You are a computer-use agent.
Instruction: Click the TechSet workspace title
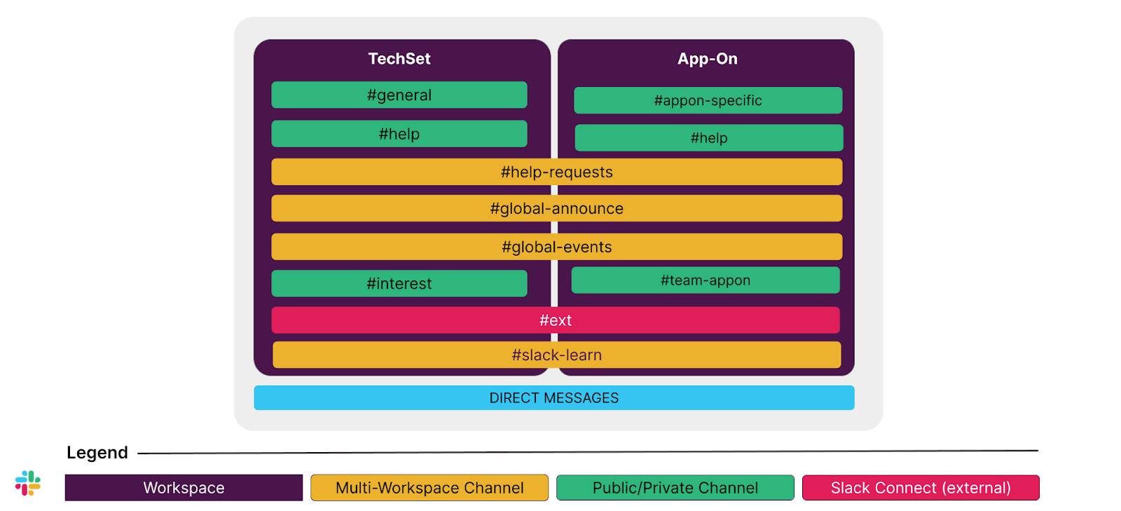pyautogui.click(x=399, y=59)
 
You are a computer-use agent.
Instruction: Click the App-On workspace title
pyautogui.click(x=707, y=59)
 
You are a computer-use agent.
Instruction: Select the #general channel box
pyautogui.click(x=399, y=95)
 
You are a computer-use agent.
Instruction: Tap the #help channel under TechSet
pyautogui.click(x=399, y=134)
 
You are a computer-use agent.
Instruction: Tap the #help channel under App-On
pyautogui.click(x=708, y=138)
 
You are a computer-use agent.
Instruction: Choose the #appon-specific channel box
pyautogui.click(x=708, y=100)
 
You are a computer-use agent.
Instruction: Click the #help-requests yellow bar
pyautogui.click(x=556, y=172)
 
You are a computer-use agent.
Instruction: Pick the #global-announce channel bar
pyautogui.click(x=556, y=208)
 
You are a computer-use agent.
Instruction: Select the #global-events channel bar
pyautogui.click(x=556, y=247)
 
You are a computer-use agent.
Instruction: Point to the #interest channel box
pyautogui.click(x=399, y=283)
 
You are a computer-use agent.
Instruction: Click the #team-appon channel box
pyautogui.click(x=705, y=280)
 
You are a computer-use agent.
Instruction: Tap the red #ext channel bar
pyautogui.click(x=555, y=320)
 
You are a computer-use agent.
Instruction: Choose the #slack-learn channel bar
pyautogui.click(x=556, y=355)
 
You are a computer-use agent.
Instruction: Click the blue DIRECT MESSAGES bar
pyautogui.click(x=553, y=397)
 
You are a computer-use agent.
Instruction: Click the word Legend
pyautogui.click(x=97, y=453)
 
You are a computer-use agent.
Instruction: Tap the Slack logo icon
pyautogui.click(x=28, y=483)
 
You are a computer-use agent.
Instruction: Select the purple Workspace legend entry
pyautogui.click(x=184, y=488)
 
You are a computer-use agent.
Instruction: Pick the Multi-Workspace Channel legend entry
pyautogui.click(x=429, y=488)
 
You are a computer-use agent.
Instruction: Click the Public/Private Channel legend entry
pyautogui.click(x=675, y=488)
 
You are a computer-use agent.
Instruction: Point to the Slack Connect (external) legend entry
pyautogui.click(x=920, y=488)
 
